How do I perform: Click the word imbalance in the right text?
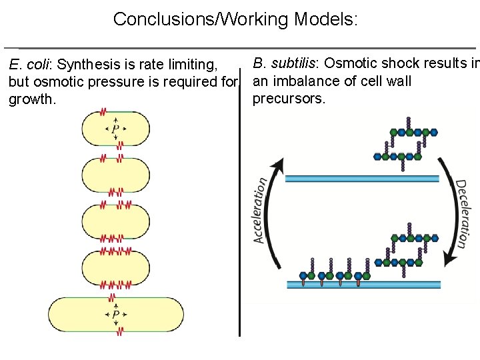tap(305, 81)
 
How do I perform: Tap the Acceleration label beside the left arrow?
tap(263, 210)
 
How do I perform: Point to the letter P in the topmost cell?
tap(115, 128)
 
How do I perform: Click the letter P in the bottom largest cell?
tap(115, 314)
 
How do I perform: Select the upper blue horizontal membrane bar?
tap(362, 178)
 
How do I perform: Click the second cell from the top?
tap(115, 175)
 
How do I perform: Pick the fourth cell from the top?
tap(115, 268)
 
